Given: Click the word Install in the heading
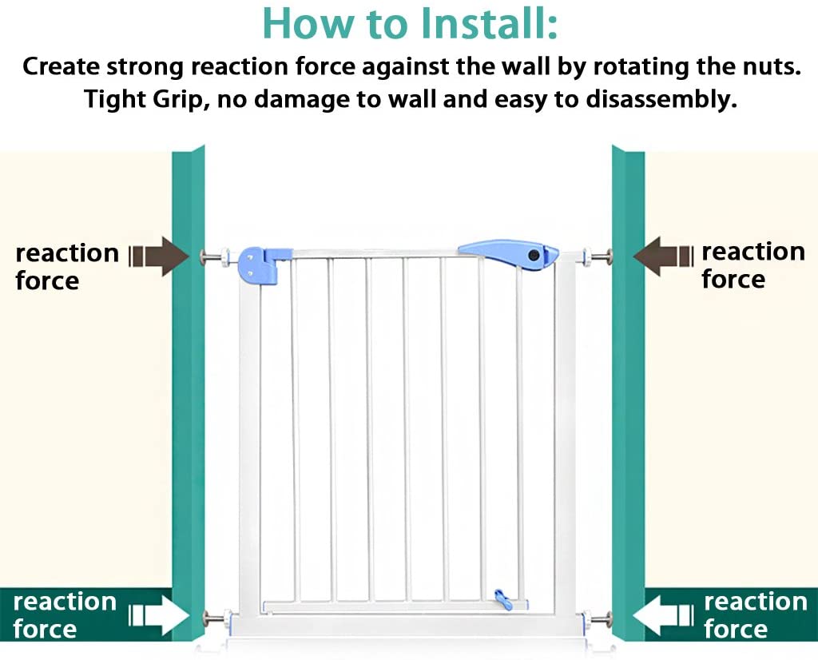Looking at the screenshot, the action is [x=482, y=23].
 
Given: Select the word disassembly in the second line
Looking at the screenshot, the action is [x=661, y=99].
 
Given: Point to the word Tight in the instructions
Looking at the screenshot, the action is [x=115, y=99].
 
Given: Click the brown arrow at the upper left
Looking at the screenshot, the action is [x=159, y=256].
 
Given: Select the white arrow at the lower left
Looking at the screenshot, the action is [x=159, y=615].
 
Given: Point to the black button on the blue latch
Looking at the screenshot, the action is [x=534, y=255].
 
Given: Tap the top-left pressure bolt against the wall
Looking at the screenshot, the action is [x=214, y=256].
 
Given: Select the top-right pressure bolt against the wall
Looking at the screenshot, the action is [x=598, y=256].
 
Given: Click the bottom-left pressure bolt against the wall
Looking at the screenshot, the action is [x=216, y=618].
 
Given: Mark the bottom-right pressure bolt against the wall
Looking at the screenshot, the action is [x=597, y=620].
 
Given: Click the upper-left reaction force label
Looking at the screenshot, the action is [x=67, y=267].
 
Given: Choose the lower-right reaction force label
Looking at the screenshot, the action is [x=756, y=615].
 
